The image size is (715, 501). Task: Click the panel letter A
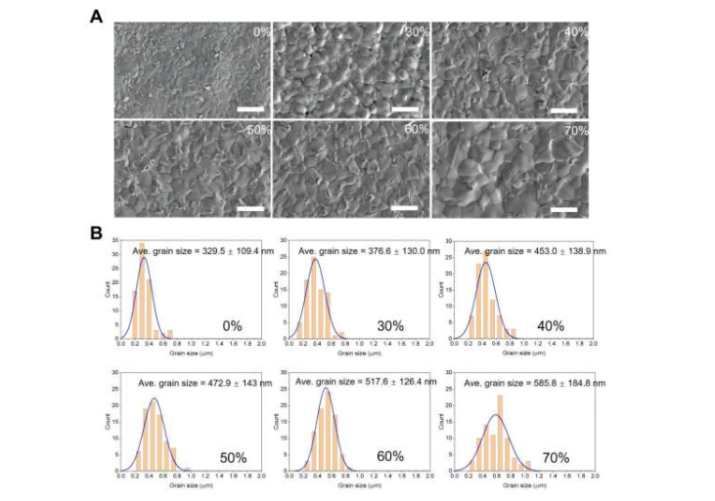(97, 16)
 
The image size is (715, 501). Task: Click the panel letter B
(97, 233)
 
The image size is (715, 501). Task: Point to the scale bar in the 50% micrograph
(251, 208)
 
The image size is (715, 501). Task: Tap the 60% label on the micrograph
(416, 130)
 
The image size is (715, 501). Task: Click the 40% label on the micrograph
(575, 31)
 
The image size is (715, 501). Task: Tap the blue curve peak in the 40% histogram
(483, 262)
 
